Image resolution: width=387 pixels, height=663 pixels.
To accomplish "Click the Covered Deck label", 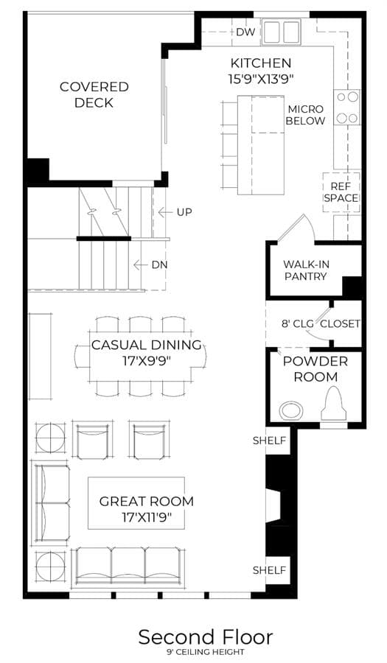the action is click(x=94, y=95).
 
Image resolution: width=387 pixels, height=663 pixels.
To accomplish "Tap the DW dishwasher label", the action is click(x=245, y=32).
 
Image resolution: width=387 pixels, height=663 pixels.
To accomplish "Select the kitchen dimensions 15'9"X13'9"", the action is click(x=262, y=80).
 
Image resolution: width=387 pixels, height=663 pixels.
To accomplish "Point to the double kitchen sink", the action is click(x=281, y=31).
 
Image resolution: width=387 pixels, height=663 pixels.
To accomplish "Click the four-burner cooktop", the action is click(x=347, y=108).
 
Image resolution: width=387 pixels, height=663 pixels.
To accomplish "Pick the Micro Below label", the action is click(x=305, y=115).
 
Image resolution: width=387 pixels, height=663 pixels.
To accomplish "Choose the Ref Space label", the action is click(x=341, y=192).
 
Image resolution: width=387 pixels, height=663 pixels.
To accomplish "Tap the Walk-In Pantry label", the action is click(x=306, y=270).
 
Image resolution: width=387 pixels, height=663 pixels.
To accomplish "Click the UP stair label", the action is click(x=184, y=212).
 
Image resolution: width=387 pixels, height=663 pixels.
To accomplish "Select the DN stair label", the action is click(x=159, y=265).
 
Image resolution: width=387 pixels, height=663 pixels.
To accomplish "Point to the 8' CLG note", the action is click(x=298, y=324).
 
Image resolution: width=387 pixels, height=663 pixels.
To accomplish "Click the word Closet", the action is click(x=340, y=324).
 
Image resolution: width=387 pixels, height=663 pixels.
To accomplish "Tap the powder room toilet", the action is click(x=334, y=404).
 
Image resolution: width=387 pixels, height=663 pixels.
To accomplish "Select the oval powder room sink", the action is click(x=292, y=410).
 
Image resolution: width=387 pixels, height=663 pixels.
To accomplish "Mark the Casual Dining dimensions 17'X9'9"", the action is click(x=147, y=362).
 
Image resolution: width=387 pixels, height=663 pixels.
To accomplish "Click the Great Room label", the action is click(x=147, y=502).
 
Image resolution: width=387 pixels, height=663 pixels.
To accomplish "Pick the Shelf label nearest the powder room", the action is click(x=269, y=441).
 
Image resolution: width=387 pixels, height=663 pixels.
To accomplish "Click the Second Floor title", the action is click(x=206, y=636).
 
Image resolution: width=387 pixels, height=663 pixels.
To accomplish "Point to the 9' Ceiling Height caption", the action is click(x=206, y=652).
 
